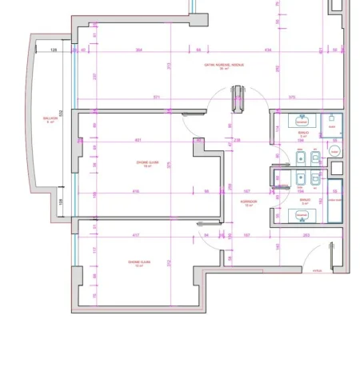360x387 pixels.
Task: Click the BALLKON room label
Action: coord(50,120)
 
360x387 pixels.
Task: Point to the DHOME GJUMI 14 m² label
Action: coord(138,263)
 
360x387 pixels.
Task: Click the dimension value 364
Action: coord(138,50)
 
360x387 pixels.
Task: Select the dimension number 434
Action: coord(267,50)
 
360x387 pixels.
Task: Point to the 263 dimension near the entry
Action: coord(306,235)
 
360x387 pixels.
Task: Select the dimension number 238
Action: coord(237,141)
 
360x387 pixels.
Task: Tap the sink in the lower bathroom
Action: coord(302,215)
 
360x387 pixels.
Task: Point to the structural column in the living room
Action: coord(237,102)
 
